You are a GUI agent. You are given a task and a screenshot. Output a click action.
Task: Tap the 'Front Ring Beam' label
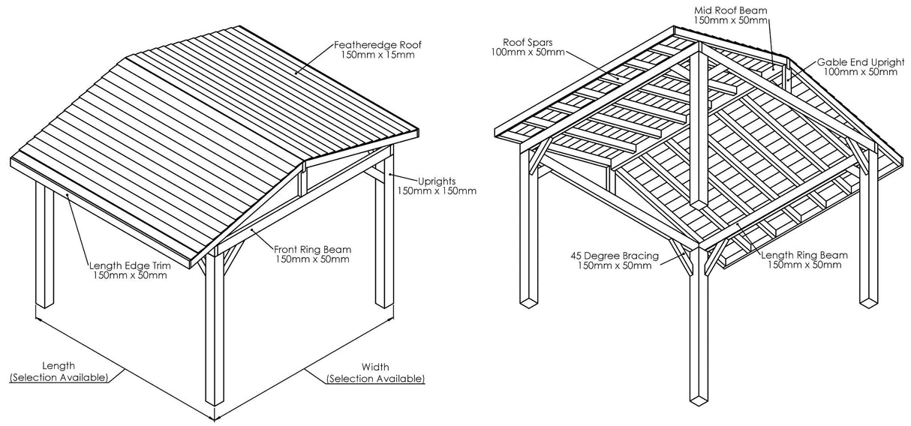point(312,249)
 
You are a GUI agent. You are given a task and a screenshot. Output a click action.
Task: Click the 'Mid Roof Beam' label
point(730,10)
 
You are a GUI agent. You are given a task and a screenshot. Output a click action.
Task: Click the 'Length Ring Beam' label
point(801,255)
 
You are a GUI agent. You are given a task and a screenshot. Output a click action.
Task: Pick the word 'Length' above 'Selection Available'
point(58,366)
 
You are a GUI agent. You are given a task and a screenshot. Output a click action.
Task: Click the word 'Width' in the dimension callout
point(375,367)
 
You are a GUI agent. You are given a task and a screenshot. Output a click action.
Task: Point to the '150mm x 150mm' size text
point(436,191)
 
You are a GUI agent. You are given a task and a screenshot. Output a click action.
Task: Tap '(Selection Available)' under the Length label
point(58,376)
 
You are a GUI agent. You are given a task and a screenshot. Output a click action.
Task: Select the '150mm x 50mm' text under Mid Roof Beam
point(730,20)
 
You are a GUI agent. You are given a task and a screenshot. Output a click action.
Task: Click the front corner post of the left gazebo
point(215,337)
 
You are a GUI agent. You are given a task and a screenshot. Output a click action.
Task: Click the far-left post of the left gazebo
point(44,247)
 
